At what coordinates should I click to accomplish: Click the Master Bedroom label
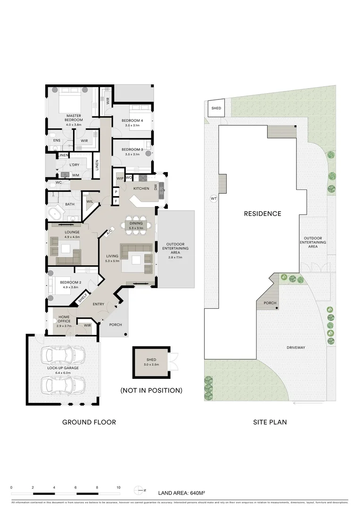74,118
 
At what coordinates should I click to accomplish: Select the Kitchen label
141,189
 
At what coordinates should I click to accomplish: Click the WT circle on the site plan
213,199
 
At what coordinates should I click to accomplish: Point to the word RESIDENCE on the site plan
262,213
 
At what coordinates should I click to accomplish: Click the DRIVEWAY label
296,347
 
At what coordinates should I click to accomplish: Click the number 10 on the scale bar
118,488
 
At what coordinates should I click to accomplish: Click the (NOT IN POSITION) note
151,390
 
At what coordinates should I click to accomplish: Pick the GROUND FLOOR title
89,422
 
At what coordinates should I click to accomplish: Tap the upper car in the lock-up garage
63,354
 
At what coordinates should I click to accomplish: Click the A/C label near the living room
109,232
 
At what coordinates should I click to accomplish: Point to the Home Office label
63,320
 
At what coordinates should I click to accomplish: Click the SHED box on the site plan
216,108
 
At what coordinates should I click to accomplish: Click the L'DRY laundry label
74,165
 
